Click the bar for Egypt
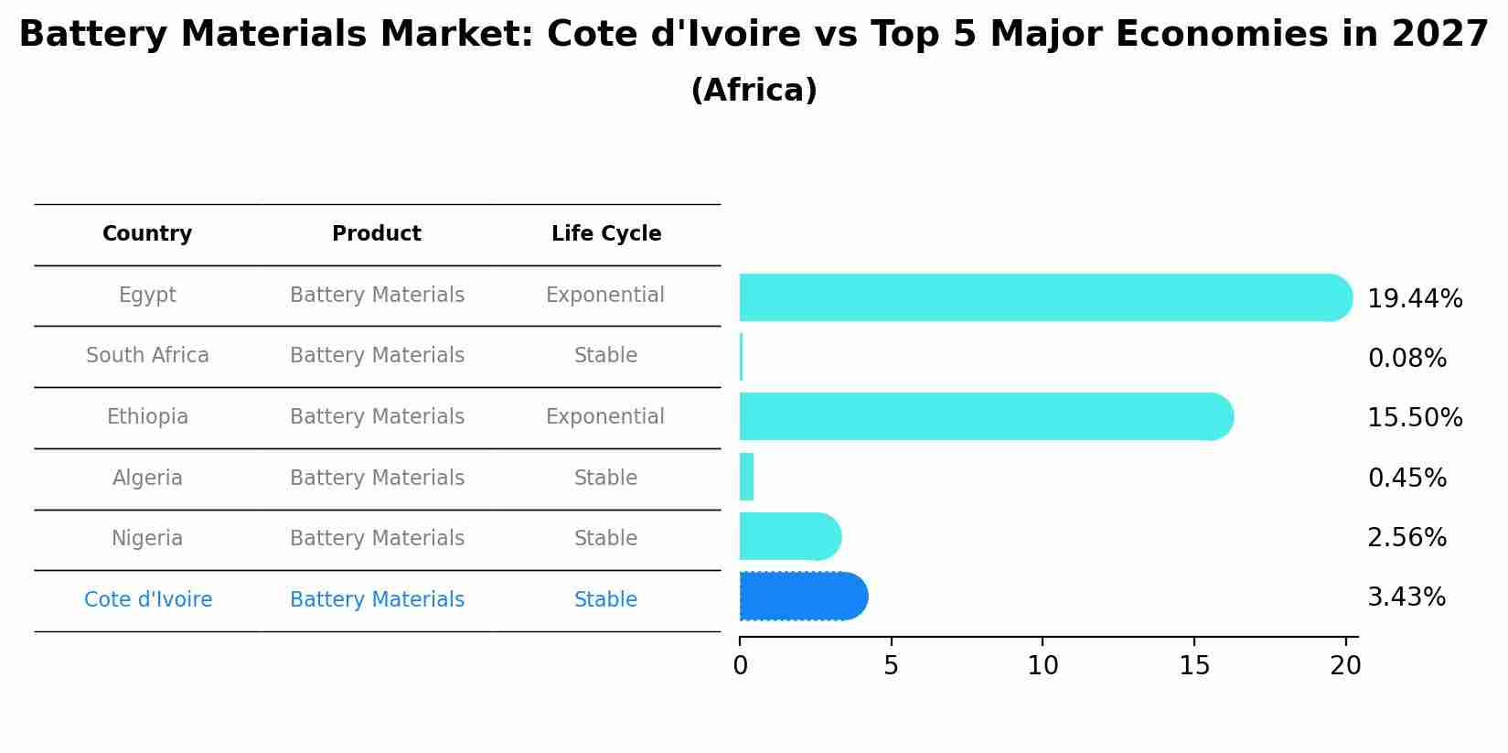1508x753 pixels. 1043,297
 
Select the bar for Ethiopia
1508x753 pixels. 983,416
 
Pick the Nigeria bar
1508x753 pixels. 788,536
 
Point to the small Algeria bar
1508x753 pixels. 746,477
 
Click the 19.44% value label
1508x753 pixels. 1414,299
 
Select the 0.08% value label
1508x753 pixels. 1406,359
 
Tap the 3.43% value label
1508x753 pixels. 1406,597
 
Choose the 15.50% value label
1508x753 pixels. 1414,418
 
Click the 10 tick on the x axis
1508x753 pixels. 1043,666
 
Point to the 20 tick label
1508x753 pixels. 1345,666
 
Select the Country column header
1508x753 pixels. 147,234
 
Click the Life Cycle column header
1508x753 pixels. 605,234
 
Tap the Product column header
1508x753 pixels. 376,234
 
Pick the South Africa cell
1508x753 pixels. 147,356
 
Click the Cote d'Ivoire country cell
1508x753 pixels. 147,600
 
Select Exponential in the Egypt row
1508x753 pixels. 604,296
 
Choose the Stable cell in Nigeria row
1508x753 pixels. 604,539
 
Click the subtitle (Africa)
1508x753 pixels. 754,91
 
